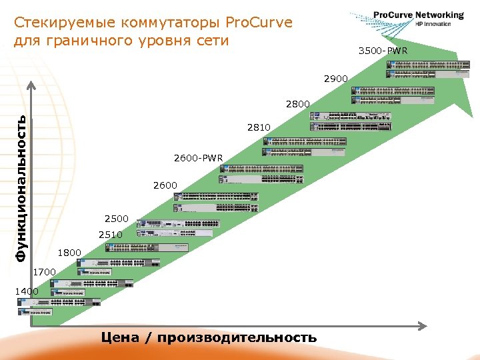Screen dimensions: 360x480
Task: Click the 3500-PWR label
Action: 383,51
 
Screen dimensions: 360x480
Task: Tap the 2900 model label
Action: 336,79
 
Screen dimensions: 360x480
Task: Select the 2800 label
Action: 297,104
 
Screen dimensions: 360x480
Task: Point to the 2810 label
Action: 259,127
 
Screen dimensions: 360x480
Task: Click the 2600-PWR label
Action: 198,159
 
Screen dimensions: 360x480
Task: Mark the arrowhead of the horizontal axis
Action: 422,325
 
